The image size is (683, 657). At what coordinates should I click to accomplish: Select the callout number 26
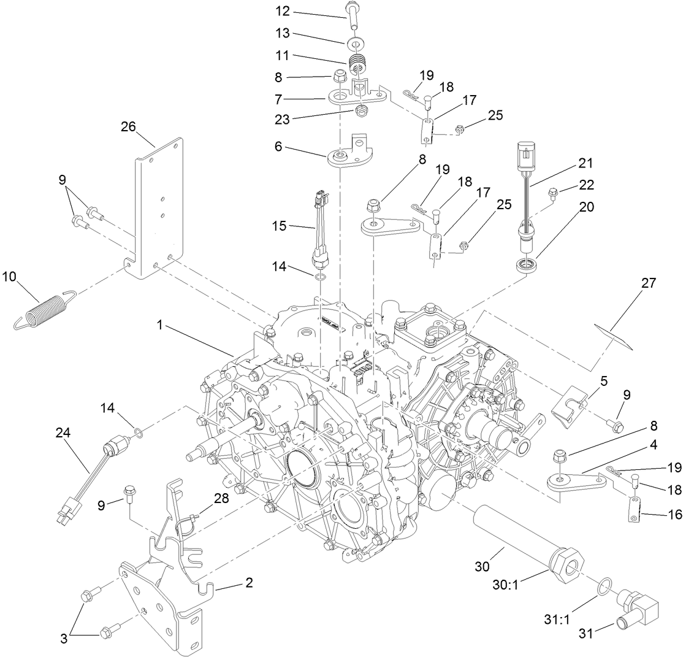pos(128,126)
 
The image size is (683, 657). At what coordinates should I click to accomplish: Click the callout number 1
pos(160,326)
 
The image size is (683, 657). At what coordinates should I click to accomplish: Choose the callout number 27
pos(649,283)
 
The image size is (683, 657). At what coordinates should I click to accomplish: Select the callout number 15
pos(279,226)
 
